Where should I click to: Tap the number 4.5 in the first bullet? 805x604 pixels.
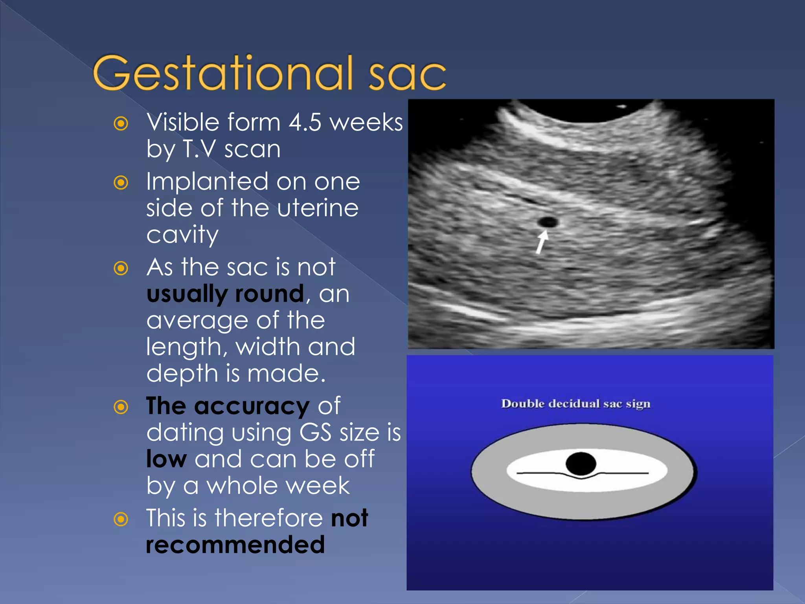(x=305, y=122)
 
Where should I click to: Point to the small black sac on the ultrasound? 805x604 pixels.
(x=548, y=222)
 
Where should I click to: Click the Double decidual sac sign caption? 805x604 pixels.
(x=575, y=404)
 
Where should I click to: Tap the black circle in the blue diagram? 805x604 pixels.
(x=581, y=464)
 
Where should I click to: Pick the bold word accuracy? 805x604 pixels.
(x=252, y=406)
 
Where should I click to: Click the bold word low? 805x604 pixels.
(x=166, y=459)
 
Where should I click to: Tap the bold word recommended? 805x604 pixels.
(x=235, y=545)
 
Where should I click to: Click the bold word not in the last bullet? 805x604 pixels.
(x=349, y=518)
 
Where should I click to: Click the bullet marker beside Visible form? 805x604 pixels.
(x=121, y=123)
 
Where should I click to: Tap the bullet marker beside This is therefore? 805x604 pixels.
(x=121, y=519)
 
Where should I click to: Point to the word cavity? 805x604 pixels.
(x=182, y=235)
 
